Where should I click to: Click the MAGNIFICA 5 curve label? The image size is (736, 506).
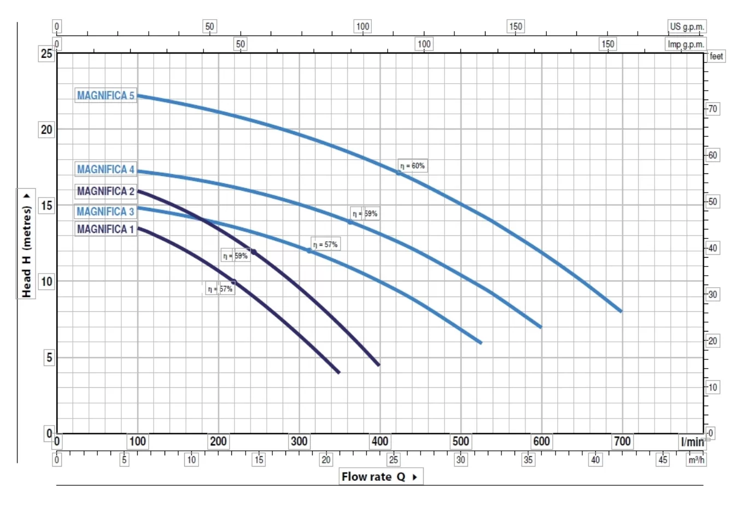coord(106,96)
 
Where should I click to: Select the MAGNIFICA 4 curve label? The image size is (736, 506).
coord(106,170)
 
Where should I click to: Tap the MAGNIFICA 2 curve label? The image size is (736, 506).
coord(106,191)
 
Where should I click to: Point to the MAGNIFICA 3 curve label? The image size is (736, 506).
coord(105,212)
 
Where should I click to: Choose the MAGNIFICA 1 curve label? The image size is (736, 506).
coord(105,229)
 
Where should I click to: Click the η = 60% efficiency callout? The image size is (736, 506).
coord(412,166)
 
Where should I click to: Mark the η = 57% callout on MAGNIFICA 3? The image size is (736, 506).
coord(325,245)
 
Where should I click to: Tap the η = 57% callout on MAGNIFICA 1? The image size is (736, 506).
coord(220,289)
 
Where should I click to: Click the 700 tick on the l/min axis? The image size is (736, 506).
coord(622,441)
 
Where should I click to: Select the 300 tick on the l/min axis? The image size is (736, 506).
coord(299,441)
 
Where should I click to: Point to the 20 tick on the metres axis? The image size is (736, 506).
coord(46,130)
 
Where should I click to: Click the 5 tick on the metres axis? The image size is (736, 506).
coord(49,358)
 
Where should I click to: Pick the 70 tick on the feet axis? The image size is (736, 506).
coord(712,109)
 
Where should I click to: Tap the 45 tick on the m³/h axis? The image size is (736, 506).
coord(663,460)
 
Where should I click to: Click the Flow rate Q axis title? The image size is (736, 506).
coord(381,476)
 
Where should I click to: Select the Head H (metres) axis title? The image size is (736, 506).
coord(26,244)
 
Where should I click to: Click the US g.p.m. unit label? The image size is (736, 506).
coord(687,26)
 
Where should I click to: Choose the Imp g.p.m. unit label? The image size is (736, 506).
coord(686,44)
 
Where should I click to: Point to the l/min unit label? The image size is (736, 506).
coord(692,442)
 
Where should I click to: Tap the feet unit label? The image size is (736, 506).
coord(716,56)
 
